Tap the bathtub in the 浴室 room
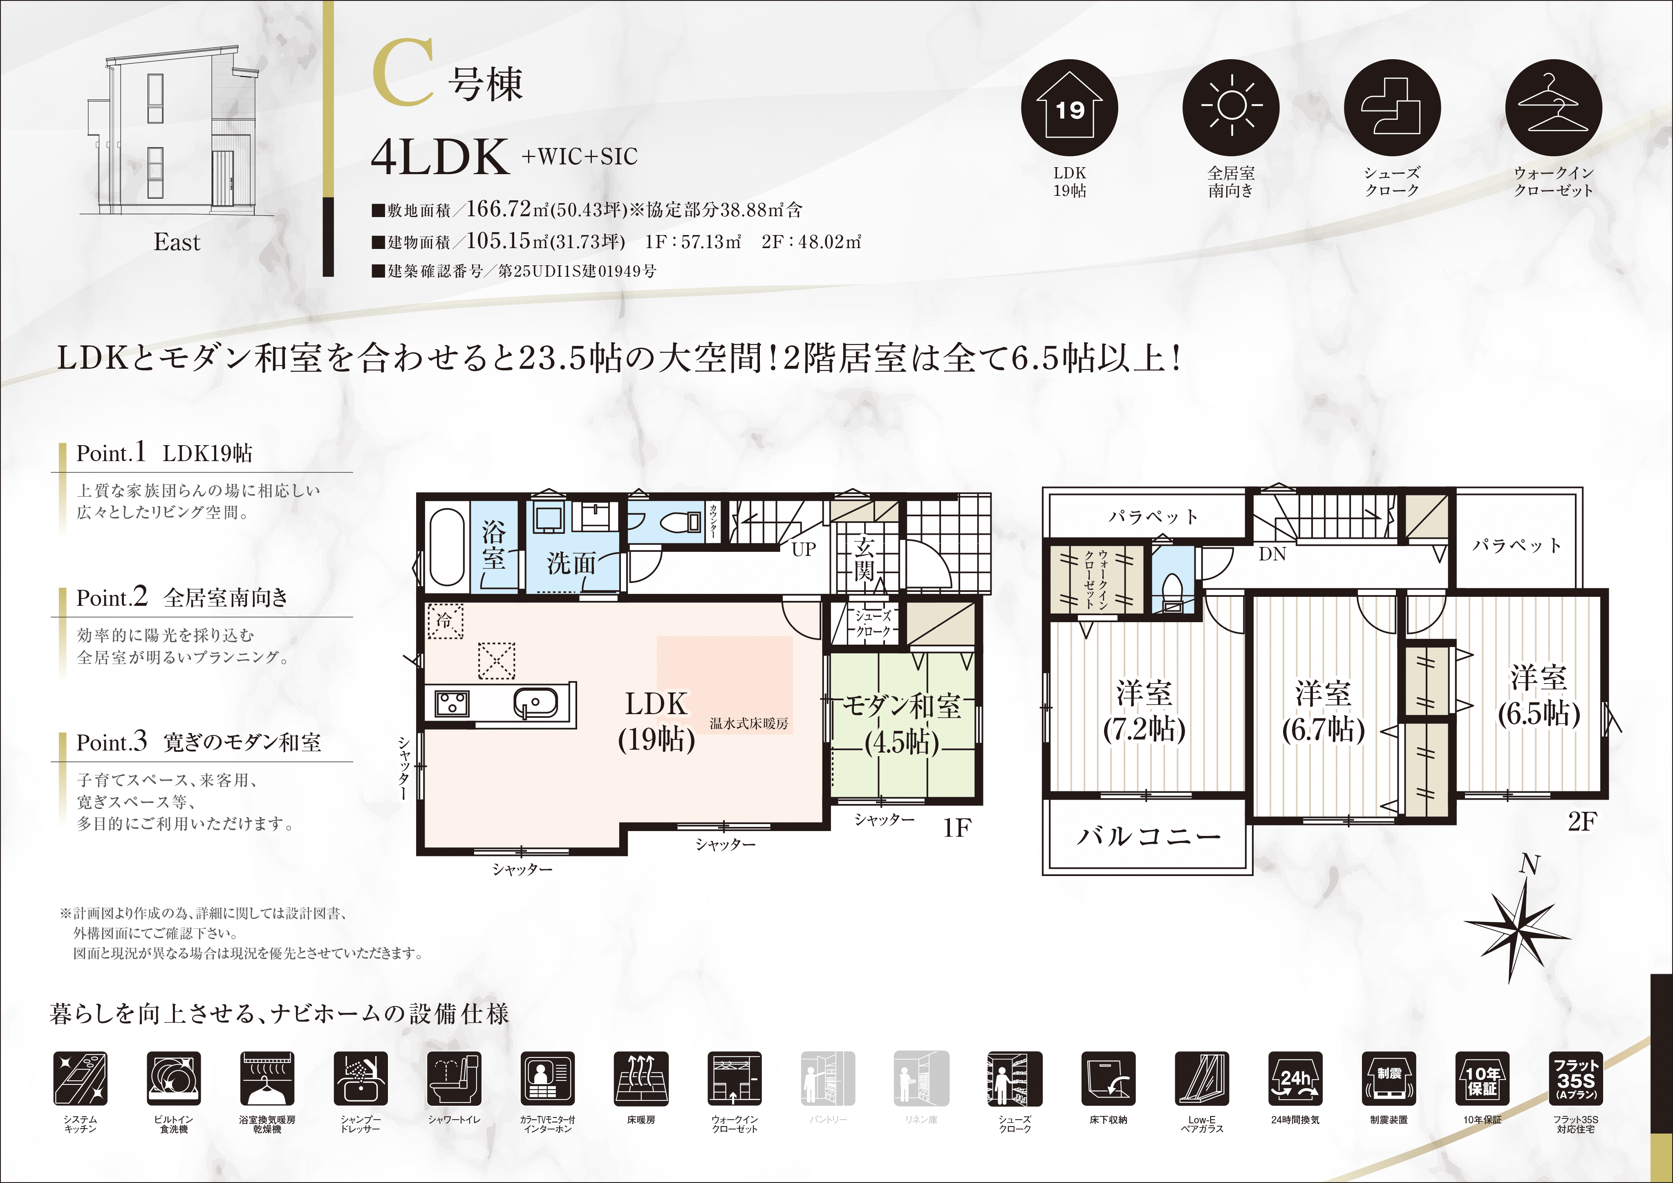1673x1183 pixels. [447, 547]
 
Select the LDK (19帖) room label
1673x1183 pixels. [656, 721]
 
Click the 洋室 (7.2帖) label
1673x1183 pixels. [1144, 711]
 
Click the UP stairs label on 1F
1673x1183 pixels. [804, 549]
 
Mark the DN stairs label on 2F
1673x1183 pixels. [1272, 554]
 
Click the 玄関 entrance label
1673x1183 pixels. [864, 558]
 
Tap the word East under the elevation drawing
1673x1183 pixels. [177, 242]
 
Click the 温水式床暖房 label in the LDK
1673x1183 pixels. [749, 724]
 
